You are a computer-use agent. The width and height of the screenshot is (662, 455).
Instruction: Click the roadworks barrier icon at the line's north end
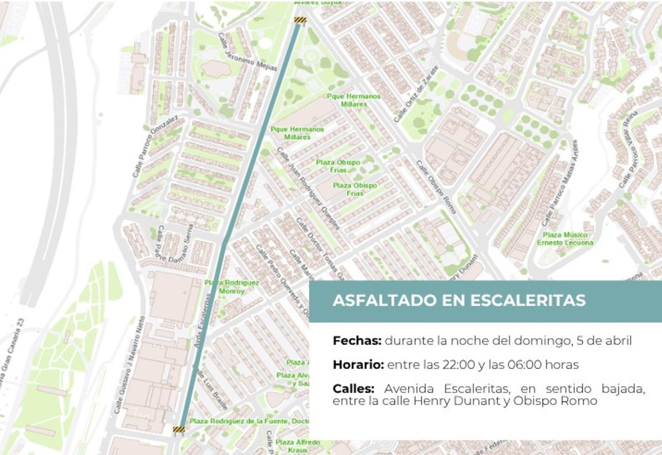coord(300,21)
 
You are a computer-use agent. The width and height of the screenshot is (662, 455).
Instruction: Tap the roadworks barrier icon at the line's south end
coord(178,429)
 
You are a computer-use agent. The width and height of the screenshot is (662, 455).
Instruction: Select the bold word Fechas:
coord(356,341)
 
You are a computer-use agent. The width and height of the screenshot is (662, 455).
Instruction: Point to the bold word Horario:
coord(358,365)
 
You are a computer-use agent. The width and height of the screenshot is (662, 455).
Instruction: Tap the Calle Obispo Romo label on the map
coord(436,188)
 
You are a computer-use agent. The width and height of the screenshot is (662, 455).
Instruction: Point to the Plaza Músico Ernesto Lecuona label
coord(565,239)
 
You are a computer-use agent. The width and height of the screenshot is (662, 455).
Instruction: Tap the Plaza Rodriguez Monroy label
coord(232,287)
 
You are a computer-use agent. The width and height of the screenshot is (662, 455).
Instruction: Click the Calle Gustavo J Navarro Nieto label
coord(129,365)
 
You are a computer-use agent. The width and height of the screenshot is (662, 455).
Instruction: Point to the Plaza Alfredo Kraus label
coord(297,446)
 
